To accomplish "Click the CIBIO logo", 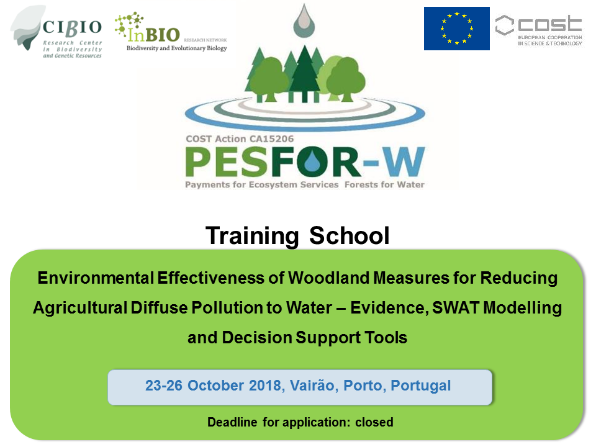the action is pos(57,32).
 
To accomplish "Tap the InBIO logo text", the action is pos(153,34).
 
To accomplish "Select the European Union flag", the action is pos(456,29).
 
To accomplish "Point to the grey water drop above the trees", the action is pos(304,21).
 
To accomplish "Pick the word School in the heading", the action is pos(350,236).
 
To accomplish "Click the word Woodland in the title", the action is pos(328,278).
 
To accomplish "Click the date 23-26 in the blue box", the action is pos(164,386).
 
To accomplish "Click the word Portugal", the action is pos(421,386).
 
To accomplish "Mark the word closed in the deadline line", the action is pos(374,422).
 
